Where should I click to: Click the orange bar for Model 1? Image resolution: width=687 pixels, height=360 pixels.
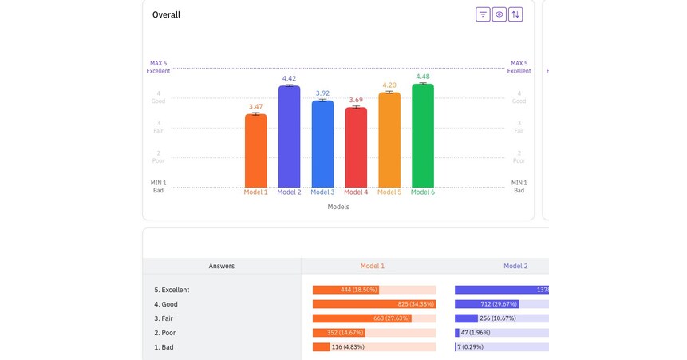click(255, 152)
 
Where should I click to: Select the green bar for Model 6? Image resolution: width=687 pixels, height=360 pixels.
click(423, 136)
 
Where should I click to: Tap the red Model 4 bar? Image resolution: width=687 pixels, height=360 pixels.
click(356, 148)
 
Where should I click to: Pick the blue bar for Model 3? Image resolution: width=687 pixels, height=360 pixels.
click(322, 144)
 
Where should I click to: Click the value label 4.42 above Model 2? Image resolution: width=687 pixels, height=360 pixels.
click(289, 78)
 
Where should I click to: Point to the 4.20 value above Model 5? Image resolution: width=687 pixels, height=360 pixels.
click(389, 85)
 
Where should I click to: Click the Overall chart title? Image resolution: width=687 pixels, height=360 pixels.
click(166, 14)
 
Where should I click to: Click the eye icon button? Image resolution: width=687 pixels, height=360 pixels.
click(499, 14)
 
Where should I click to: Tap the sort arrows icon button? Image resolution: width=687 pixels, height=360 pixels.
click(515, 14)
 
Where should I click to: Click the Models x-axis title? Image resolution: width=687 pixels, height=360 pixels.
click(338, 207)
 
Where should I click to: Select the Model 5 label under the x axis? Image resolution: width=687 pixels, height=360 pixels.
click(389, 192)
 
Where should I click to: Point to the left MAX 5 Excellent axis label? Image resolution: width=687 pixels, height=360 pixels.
click(158, 67)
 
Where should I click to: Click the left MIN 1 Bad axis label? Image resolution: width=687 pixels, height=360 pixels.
click(158, 186)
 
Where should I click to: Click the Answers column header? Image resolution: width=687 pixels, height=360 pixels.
click(222, 266)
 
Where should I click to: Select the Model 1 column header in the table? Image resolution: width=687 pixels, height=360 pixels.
click(372, 266)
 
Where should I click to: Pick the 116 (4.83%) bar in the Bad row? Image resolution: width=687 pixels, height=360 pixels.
click(322, 347)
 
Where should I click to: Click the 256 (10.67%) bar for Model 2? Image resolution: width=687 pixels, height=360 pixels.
click(466, 318)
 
